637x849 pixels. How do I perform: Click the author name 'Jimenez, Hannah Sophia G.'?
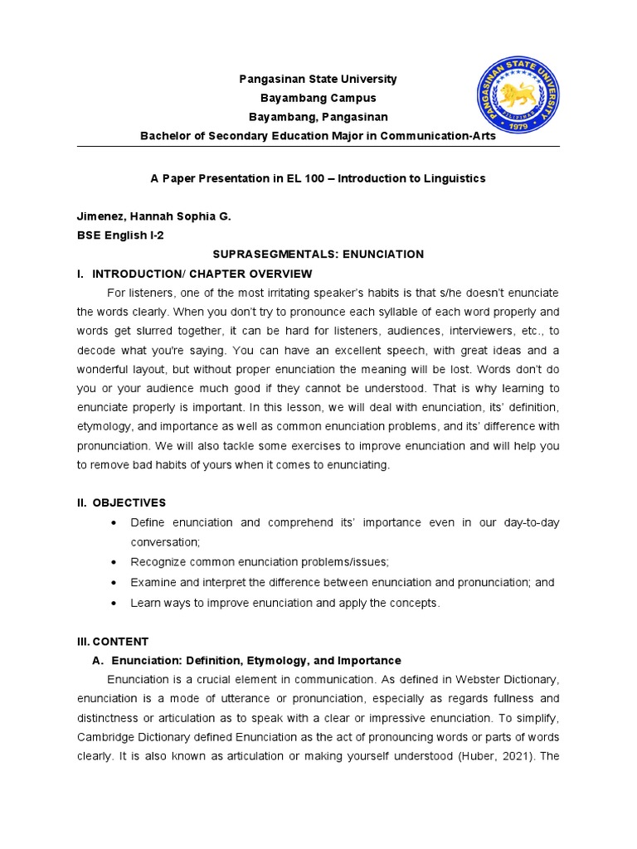coord(154,216)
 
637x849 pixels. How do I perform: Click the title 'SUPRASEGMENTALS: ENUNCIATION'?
coord(318,255)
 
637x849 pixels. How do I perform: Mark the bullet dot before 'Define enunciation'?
coord(113,523)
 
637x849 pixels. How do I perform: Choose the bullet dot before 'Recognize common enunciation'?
coord(113,561)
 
